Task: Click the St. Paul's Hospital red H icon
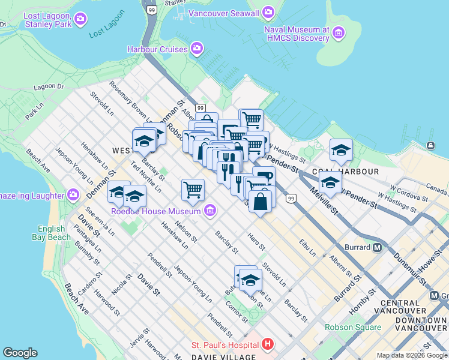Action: tap(268, 344)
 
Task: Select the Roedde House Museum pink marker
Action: tap(209, 211)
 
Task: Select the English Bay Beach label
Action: tap(51, 233)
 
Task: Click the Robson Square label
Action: tap(353, 328)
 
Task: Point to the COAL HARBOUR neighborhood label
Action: tap(354, 172)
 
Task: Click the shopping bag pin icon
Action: tap(261, 200)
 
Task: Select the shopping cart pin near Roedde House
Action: tap(193, 190)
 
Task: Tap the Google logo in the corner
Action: tap(20, 353)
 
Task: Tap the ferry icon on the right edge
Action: tap(430, 146)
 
